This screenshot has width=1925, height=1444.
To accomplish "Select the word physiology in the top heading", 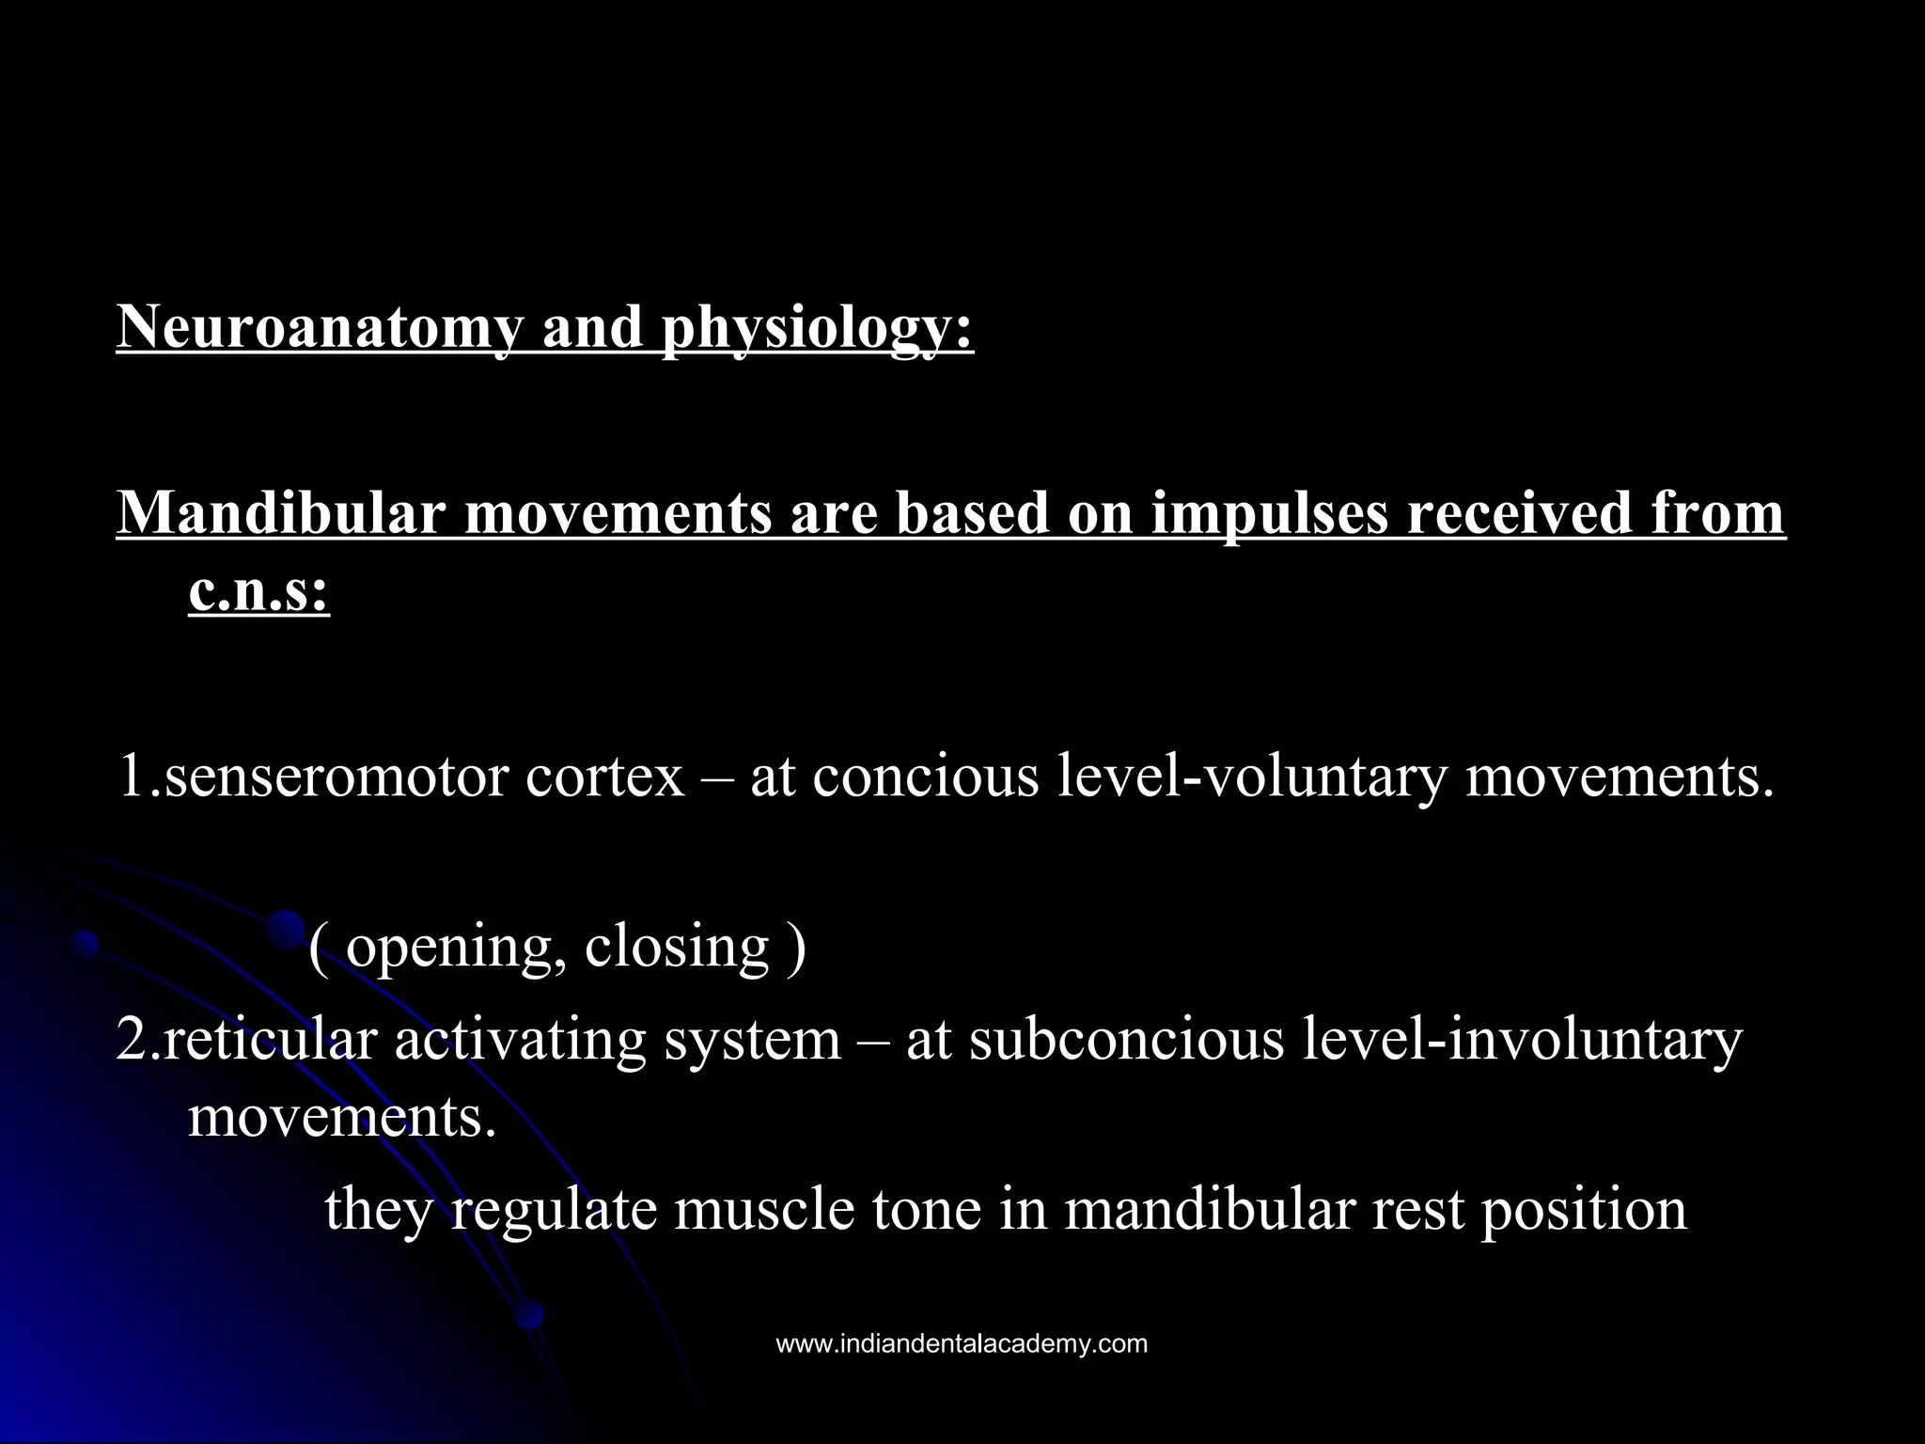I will (817, 329).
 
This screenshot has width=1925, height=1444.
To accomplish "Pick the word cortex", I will (604, 777).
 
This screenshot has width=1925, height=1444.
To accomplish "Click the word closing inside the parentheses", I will (676, 948).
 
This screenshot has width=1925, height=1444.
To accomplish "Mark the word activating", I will (520, 1042).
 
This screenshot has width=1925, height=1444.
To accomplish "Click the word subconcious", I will (1126, 1040).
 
